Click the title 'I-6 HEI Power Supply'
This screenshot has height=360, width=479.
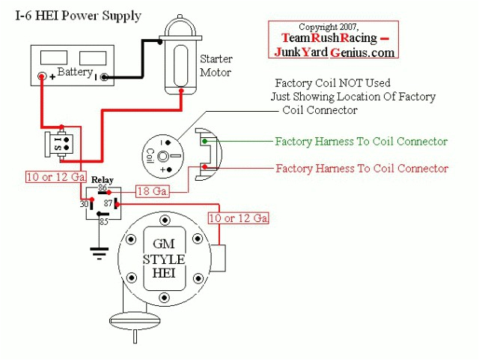point(79,16)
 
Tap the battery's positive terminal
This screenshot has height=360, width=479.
point(43,76)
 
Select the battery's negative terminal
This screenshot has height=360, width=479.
point(105,76)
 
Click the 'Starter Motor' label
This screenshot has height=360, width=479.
point(216,65)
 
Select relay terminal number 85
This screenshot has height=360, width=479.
point(103,220)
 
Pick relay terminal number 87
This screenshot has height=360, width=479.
point(108,202)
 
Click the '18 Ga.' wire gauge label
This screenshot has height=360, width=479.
point(152,192)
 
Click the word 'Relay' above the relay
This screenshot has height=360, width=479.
point(103,180)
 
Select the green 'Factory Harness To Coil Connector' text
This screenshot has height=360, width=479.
point(361,141)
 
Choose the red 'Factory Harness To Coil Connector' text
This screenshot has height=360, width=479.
point(361,168)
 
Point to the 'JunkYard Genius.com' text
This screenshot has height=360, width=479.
point(334,52)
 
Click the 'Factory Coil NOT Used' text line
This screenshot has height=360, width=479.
point(333,83)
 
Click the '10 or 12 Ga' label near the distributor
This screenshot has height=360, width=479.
point(237,218)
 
